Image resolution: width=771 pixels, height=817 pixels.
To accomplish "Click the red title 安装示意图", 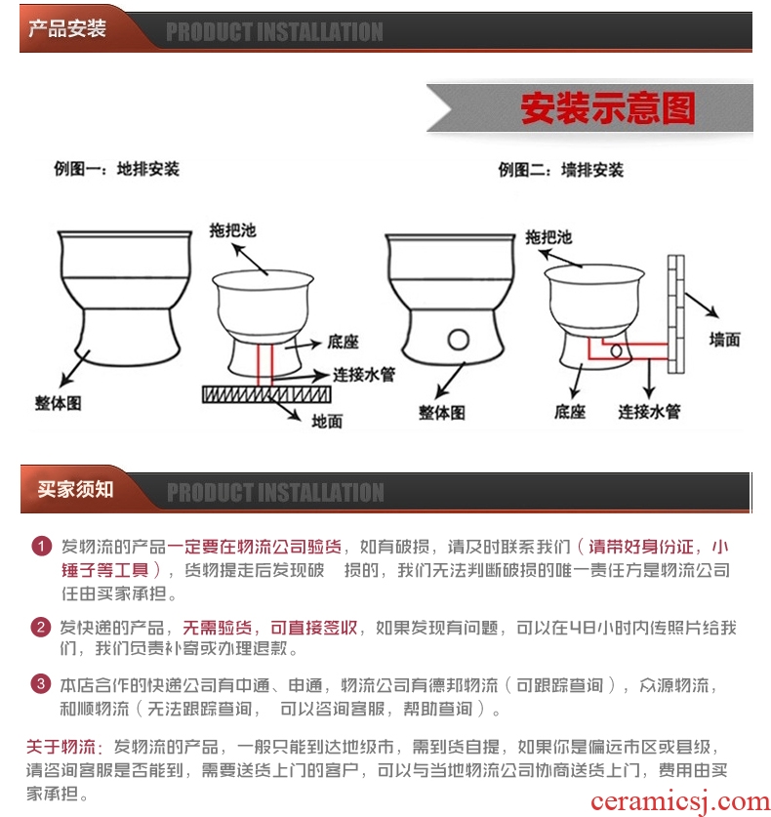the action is pos(608,107).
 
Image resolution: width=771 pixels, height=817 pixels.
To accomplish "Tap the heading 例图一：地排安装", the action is pos(117,169).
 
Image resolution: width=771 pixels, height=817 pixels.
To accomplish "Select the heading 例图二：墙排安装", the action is pos(560,170).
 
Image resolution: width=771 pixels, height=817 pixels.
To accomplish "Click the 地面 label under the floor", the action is pos(327,421).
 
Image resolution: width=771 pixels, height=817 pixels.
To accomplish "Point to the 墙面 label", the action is pos(724,340).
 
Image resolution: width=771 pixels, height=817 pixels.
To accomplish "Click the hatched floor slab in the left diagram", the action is pos(266,394).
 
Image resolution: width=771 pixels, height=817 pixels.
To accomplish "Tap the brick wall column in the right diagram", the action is pos(675,313).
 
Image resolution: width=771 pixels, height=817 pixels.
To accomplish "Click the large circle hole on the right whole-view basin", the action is pos(459,340).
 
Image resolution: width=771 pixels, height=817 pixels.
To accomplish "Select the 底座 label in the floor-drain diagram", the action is pos(343,342).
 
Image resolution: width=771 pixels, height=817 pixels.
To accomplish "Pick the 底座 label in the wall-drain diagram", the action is pos(569,412).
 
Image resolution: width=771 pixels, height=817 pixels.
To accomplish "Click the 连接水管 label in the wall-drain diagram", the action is pos(649,412).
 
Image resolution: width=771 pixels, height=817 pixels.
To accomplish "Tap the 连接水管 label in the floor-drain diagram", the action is pos(364,374).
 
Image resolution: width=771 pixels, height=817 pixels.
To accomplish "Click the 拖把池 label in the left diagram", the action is pos(233,230).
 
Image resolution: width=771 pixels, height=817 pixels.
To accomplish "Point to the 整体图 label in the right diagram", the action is pos(442,413).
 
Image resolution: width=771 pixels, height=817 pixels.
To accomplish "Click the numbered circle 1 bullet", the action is pos(42,547).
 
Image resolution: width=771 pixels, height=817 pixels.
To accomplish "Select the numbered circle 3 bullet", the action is pos(41,683).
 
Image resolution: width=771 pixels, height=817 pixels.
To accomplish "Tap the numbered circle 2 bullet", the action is pos(41,627).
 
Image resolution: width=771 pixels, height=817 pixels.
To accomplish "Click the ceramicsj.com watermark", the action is pos(680,802).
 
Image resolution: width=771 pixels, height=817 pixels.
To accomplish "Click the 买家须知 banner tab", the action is pos(75,489).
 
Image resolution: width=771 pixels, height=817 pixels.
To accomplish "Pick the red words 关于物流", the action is pos(61,747).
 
